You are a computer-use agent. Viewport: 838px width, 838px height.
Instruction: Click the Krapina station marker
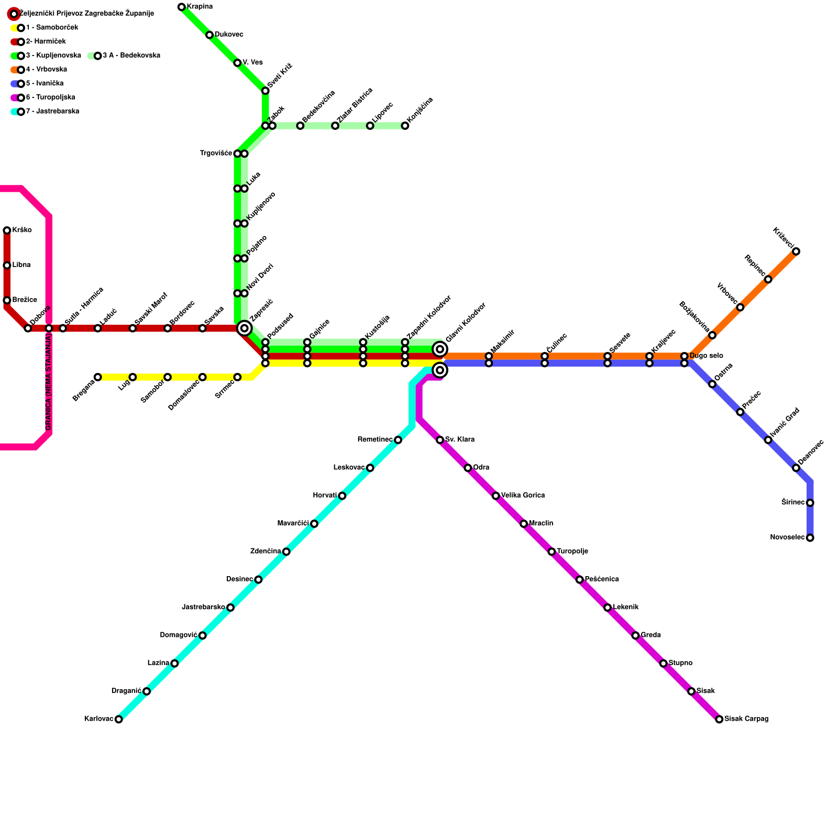[181, 7]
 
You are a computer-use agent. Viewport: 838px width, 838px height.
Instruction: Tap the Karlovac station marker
[119, 719]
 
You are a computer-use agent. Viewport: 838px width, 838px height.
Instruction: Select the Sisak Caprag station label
[746, 719]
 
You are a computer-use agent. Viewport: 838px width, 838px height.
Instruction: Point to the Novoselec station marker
[810, 538]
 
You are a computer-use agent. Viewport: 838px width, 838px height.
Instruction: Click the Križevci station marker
[796, 251]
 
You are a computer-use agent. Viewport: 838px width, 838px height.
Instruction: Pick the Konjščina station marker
[405, 126]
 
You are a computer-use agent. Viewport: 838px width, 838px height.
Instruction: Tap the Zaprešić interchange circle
[244, 328]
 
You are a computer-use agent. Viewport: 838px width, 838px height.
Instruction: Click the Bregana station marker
[97, 377]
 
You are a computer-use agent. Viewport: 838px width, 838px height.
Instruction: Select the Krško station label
[22, 230]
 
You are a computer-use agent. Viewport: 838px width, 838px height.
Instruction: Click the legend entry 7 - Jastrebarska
[52, 112]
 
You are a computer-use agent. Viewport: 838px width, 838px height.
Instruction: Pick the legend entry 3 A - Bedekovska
[131, 56]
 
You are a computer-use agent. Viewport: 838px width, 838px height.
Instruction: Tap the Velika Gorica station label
[523, 495]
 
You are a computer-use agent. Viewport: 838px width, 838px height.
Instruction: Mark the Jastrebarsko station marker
[230, 608]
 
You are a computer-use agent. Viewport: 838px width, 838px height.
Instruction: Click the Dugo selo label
[706, 356]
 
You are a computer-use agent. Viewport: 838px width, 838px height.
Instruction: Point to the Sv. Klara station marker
[440, 440]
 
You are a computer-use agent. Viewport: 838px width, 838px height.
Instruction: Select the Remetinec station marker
[398, 440]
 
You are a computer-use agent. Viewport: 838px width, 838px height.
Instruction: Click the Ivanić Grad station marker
[768, 440]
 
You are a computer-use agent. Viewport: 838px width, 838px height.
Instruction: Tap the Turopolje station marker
[552, 552]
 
